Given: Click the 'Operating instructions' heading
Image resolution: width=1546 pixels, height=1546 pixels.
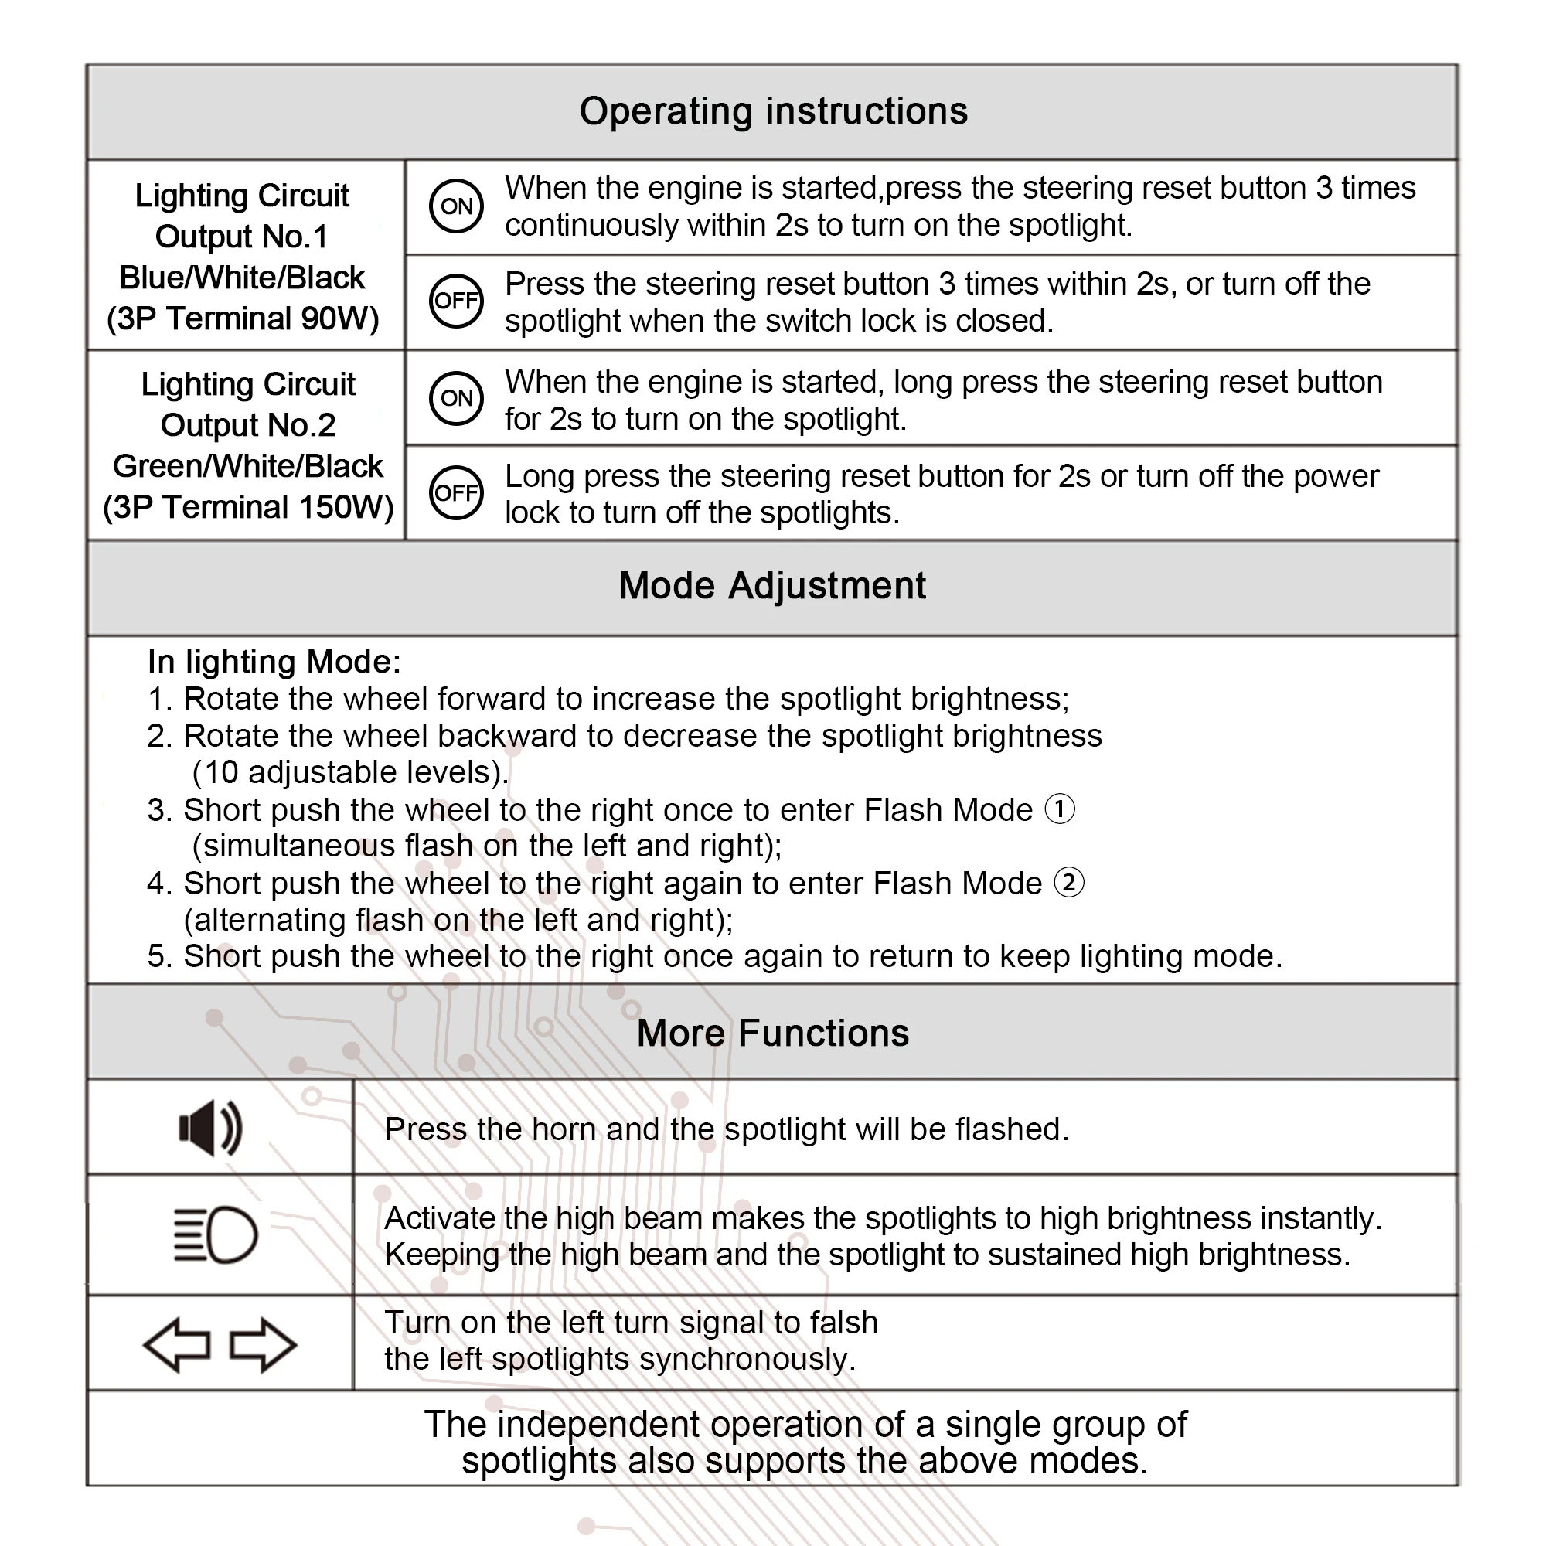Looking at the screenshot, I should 773,111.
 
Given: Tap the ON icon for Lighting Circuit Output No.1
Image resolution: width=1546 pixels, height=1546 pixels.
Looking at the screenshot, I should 456,206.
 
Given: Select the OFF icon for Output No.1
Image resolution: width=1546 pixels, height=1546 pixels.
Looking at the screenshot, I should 456,301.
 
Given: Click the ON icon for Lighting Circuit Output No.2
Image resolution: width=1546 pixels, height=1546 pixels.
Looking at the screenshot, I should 456,397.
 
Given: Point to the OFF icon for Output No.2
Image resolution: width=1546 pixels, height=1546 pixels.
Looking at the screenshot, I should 456,492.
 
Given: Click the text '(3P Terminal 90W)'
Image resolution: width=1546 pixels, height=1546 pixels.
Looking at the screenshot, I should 243,318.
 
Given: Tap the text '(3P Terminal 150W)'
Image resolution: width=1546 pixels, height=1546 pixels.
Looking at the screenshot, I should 248,507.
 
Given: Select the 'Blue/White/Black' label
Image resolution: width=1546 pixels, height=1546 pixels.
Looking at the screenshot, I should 242,278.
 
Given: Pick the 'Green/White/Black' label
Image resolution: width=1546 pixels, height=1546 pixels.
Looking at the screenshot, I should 248,465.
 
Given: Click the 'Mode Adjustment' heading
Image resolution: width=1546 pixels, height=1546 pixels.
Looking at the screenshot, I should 772,586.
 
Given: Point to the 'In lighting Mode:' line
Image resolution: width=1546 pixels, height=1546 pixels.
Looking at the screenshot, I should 274,662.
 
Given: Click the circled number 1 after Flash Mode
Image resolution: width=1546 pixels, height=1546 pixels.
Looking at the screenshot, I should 1061,809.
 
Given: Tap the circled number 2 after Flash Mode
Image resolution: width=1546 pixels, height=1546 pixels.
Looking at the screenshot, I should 1069,883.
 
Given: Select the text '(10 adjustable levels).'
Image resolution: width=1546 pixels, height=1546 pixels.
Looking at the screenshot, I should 350,772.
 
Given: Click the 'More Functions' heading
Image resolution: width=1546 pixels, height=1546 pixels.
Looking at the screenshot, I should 772,1033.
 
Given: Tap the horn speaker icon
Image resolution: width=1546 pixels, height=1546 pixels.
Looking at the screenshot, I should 210,1129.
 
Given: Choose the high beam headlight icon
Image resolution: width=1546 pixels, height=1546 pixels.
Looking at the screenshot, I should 216,1234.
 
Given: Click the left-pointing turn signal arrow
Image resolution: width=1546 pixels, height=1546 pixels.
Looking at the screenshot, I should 177,1345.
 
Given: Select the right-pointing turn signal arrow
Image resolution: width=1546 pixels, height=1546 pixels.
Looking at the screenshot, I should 264,1345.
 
